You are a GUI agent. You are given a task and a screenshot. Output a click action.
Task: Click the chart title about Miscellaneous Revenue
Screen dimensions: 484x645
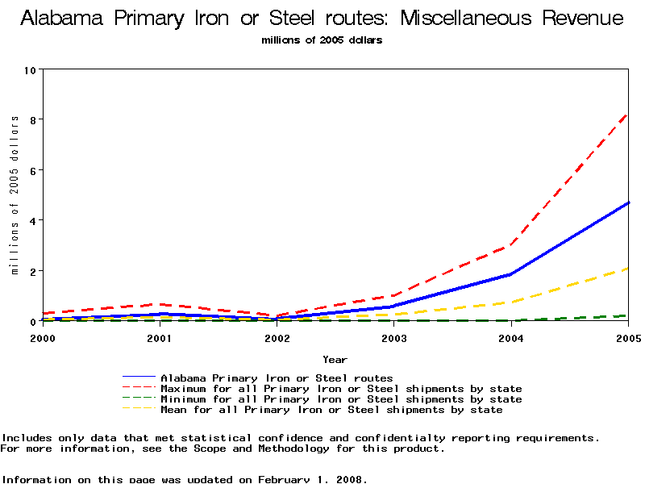[x=322, y=19]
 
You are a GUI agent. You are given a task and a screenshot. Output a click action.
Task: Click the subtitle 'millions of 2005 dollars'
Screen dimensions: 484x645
[x=322, y=40]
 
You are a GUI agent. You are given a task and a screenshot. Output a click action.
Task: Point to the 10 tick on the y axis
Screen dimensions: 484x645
[x=31, y=69]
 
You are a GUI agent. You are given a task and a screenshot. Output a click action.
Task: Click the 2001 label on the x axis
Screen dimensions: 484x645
[x=159, y=338]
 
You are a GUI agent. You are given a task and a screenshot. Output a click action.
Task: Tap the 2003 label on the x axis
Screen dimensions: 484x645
[x=393, y=338]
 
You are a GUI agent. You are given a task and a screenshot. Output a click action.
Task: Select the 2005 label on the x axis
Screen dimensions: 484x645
[x=627, y=338]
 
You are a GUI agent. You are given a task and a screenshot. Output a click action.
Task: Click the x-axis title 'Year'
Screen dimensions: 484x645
[x=335, y=359]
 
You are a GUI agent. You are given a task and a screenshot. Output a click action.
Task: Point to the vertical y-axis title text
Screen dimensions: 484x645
[x=15, y=194]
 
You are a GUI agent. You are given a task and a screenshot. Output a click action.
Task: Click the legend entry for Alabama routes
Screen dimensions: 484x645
[x=277, y=378]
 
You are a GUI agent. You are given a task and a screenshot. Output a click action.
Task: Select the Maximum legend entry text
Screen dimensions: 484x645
[x=341, y=389]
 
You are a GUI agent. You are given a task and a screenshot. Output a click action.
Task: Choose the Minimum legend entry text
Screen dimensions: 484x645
[x=341, y=399]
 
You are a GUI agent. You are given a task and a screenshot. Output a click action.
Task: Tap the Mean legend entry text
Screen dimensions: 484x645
[x=331, y=410]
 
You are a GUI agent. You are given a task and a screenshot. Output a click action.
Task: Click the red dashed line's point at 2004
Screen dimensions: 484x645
[x=511, y=245]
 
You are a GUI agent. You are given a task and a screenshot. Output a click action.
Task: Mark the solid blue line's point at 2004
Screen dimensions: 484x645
[x=511, y=274]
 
